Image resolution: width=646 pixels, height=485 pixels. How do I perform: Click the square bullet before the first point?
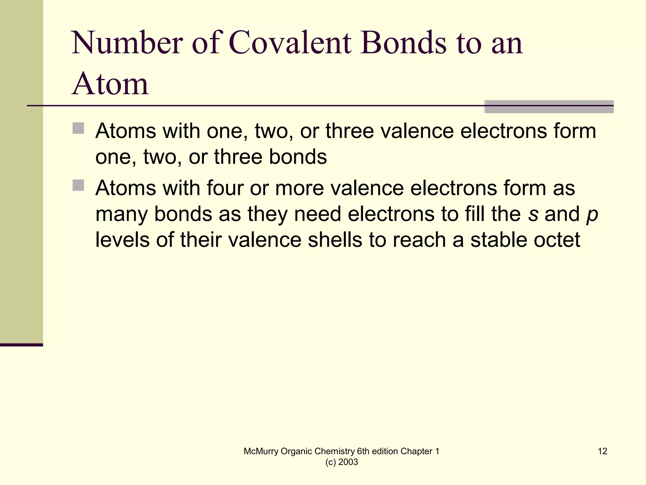[78, 128]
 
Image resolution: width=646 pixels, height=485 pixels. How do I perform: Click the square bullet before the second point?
[78, 185]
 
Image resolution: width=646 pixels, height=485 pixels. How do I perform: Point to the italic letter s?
[533, 214]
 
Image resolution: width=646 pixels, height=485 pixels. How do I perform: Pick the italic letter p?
[592, 215]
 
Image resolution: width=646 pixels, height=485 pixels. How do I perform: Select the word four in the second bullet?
[225, 188]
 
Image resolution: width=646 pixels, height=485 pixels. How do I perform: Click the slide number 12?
[602, 451]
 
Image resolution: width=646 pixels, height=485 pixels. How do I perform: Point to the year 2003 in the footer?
[348, 462]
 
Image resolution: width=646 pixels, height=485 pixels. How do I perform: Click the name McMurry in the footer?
[261, 452]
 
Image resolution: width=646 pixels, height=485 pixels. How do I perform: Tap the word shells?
[335, 240]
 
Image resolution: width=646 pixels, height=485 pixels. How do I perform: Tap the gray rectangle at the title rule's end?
[549, 107]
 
